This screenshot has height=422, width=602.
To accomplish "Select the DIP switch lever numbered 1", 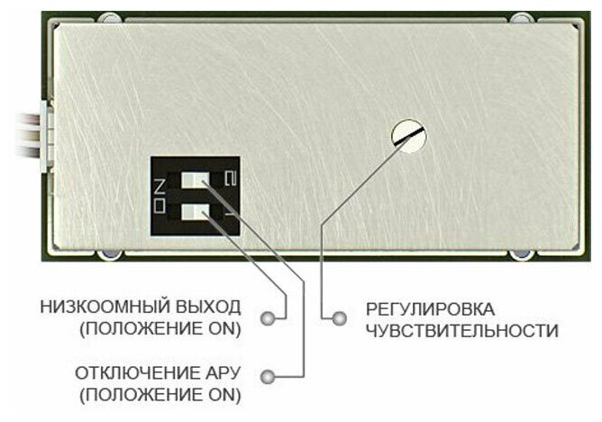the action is click(x=196, y=214).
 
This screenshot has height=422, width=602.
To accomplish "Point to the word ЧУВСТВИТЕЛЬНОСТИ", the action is click(x=461, y=330).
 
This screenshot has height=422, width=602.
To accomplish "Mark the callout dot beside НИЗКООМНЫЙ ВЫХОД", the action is click(x=267, y=318).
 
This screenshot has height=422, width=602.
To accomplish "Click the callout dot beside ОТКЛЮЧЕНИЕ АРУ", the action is click(x=267, y=374).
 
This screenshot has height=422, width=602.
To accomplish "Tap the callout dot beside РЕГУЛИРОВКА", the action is click(x=339, y=318).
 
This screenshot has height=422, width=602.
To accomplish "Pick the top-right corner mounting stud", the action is click(x=523, y=18).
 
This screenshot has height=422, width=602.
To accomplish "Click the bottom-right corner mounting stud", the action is click(x=523, y=252).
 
